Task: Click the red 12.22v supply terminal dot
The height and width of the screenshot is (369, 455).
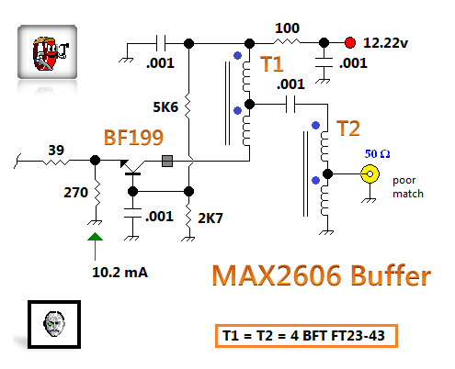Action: [x=350, y=43]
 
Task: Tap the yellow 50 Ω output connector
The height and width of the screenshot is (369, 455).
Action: [x=370, y=173]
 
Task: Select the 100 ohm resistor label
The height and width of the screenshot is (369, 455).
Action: [x=287, y=28]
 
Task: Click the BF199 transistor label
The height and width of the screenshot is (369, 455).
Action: [x=133, y=138]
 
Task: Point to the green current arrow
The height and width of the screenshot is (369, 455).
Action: [x=95, y=246]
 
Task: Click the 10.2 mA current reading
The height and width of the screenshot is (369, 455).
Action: [x=119, y=272]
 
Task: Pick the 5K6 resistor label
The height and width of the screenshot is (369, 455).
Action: [x=165, y=107]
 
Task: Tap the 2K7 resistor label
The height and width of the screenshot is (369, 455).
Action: [x=210, y=218]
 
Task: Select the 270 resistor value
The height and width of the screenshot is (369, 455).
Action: [x=75, y=193]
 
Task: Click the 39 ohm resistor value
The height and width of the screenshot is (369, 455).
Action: [x=56, y=150]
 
